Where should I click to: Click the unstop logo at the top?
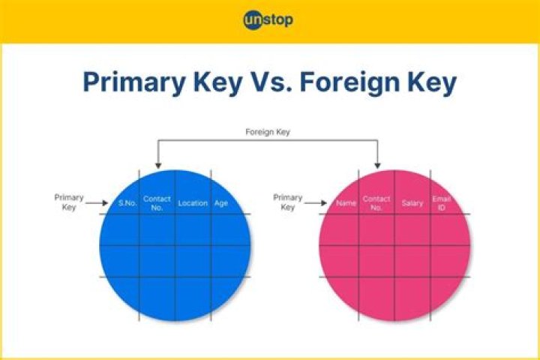[268, 20]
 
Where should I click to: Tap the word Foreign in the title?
[344, 82]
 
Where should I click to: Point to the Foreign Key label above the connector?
[268, 132]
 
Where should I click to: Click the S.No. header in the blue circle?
[127, 203]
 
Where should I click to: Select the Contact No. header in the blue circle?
[157, 203]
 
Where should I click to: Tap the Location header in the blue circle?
[193, 203]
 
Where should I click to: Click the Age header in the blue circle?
[221, 203]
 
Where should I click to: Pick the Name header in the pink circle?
[346, 203]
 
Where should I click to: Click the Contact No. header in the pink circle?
[376, 203]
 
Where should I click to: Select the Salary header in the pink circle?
[412, 203]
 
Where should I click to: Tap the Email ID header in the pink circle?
[441, 203]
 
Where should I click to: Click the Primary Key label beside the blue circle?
[69, 202]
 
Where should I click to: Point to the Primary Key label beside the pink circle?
[288, 202]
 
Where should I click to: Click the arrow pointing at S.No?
[98, 202]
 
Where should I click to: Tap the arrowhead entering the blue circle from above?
[157, 164]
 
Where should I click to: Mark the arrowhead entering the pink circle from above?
[376, 164]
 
